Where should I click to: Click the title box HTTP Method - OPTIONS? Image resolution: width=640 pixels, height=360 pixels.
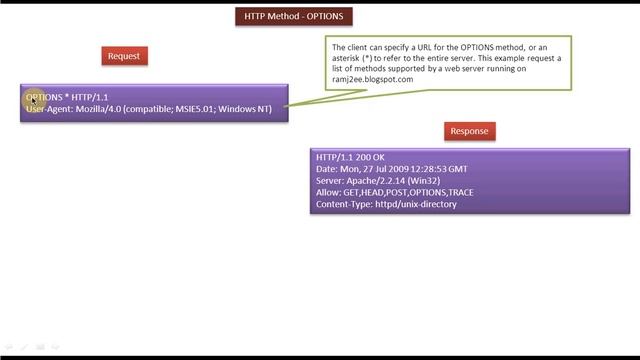pos(295,16)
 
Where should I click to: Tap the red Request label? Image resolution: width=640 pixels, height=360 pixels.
pos(124,56)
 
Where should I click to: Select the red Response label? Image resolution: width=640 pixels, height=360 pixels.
pos(469,131)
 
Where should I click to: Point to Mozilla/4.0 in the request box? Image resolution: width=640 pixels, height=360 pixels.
pos(100,109)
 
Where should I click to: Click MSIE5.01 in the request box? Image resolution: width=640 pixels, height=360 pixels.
pos(189,109)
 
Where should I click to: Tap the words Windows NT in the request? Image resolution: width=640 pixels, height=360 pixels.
pos(245,109)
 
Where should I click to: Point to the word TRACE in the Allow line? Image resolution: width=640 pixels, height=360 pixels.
pos(461,192)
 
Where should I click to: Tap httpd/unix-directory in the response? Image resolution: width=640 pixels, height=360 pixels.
pos(415,204)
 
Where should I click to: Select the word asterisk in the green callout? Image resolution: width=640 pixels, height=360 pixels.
pos(350,58)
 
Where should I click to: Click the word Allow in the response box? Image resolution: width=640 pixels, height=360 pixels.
pos(327,192)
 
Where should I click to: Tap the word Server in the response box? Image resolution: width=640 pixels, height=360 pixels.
pos(330,181)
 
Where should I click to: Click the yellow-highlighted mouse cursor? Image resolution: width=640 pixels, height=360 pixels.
pos(32,98)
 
